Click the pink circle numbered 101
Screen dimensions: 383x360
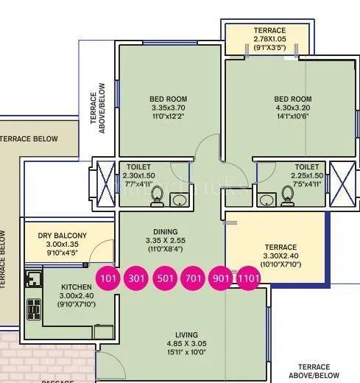[x=108, y=278]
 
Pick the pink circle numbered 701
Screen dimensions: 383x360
[x=193, y=278]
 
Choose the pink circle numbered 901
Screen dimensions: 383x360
[x=222, y=278]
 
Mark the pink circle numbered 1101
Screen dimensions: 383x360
[x=248, y=278]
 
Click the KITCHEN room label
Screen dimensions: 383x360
[x=77, y=287]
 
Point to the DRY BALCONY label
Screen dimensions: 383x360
[x=63, y=236]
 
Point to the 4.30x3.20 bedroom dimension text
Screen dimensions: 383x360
[x=293, y=108]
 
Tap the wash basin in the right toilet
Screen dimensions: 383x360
[x=266, y=199]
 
